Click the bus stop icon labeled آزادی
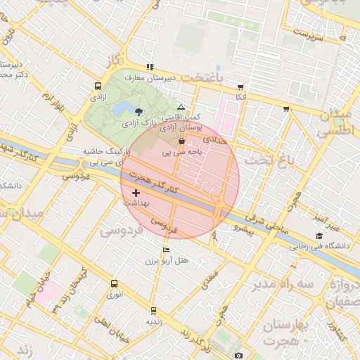coord(97,86)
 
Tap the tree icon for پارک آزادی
coord(139,111)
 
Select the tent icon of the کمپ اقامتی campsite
coord(181,107)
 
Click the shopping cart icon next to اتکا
coord(240,86)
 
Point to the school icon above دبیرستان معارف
coord(149,67)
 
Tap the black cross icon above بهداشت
coord(136,193)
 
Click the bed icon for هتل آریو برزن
coord(166,250)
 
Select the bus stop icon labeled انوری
coord(114,283)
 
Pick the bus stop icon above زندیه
coord(153,310)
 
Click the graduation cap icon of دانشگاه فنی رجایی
coord(319,236)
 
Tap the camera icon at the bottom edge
coord(238,356)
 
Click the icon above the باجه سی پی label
coord(182,141)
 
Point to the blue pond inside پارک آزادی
coord(125,107)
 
